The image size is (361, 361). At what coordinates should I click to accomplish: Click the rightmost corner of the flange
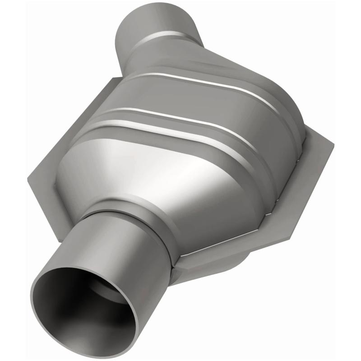pos(333,147)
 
